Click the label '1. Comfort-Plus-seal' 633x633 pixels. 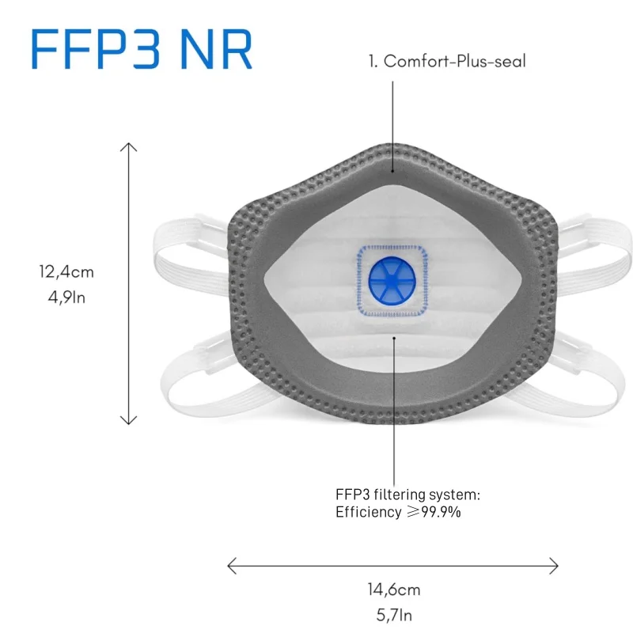point(446,62)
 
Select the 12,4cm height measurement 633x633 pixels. point(67,272)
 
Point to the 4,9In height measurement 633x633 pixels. point(67,298)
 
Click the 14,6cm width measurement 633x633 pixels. point(393,589)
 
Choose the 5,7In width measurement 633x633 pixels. point(393,614)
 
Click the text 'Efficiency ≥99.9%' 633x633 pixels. point(398,512)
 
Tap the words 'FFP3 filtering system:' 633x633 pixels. point(407,495)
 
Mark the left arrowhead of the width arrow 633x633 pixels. point(231,565)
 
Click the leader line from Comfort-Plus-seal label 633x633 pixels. point(393,119)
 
